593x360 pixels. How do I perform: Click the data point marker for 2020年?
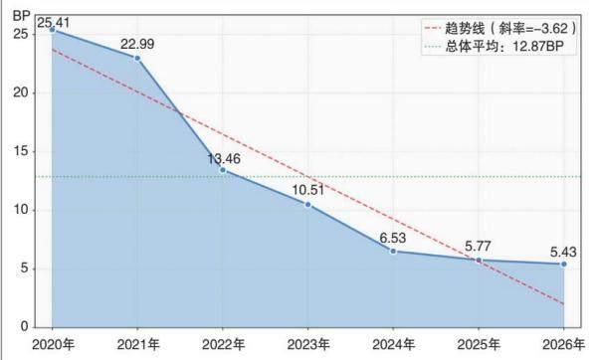coord(52,30)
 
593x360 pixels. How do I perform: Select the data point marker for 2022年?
coord(223,170)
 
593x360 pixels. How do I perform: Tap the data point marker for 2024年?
coord(393,251)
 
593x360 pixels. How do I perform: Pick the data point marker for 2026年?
coord(564,264)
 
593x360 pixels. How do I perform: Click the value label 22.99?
coord(137,44)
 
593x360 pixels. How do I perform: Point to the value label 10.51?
coord(308,190)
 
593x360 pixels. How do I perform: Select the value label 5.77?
coord(478,247)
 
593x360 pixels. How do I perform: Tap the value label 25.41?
coord(54,23)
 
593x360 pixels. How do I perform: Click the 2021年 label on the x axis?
coord(138,344)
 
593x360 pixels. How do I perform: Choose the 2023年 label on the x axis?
coord(308,344)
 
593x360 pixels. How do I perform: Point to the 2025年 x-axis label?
coord(479,344)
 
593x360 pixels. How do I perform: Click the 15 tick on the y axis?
coord(21,151)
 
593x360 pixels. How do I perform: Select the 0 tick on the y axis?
coord(25,326)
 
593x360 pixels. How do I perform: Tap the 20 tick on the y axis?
coord(21,92)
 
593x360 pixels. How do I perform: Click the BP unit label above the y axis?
coord(21,16)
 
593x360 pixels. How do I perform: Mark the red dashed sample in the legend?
coord(433,29)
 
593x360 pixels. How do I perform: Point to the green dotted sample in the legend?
coord(433,47)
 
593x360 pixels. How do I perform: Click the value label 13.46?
coord(224,159)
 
